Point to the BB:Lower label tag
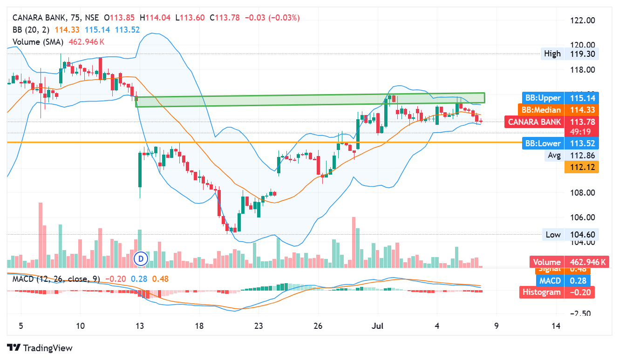543,143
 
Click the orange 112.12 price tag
581,167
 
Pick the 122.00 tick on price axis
582,20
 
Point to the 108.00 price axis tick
582,193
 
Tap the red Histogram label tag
541,292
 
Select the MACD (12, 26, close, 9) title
56,279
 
